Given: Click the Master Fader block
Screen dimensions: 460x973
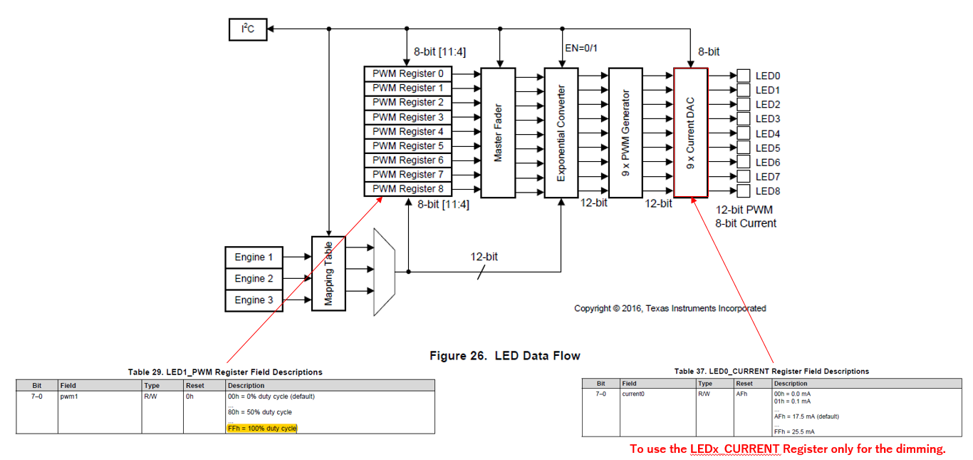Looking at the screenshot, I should click(x=498, y=132).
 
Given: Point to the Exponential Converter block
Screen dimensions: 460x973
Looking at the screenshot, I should click(x=561, y=132).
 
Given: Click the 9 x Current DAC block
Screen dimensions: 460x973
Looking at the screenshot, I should click(x=690, y=132).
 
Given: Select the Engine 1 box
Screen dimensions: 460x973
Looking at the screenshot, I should click(x=254, y=257).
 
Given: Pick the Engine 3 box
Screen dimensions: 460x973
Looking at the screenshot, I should click(x=254, y=300).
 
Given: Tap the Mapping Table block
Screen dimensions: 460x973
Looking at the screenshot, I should click(x=328, y=273).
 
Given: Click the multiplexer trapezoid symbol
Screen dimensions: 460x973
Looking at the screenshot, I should click(x=384, y=272).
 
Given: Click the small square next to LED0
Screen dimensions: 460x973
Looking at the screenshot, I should click(x=743, y=76).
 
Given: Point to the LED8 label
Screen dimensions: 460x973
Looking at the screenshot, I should click(x=768, y=191).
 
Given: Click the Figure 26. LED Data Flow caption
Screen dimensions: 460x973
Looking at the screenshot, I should click(x=504, y=356).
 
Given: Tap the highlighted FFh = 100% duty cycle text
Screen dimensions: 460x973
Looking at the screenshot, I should click(x=261, y=428).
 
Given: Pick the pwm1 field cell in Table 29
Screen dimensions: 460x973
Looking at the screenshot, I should click(x=69, y=397).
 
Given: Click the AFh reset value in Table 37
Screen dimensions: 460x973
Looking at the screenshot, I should click(x=742, y=394).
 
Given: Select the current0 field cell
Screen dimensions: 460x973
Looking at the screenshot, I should click(x=637, y=394).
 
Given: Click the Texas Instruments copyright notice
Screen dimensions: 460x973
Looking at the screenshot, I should click(x=670, y=309).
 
